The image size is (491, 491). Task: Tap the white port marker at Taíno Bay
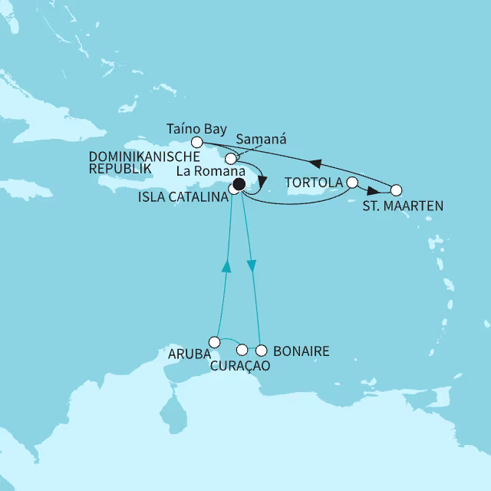pos(196,142)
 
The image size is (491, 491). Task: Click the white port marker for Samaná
pos(229,158)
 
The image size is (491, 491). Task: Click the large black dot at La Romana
pos(239,184)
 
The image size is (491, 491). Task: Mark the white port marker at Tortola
pos(352,183)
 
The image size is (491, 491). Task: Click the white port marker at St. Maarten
pos(396,189)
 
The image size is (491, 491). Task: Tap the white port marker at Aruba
pos(215,342)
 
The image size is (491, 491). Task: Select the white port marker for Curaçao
pos(242,350)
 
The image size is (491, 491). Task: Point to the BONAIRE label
pos(302,351)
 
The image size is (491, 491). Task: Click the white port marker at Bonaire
pos(261,351)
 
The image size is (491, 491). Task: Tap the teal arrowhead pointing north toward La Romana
pos(226,265)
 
